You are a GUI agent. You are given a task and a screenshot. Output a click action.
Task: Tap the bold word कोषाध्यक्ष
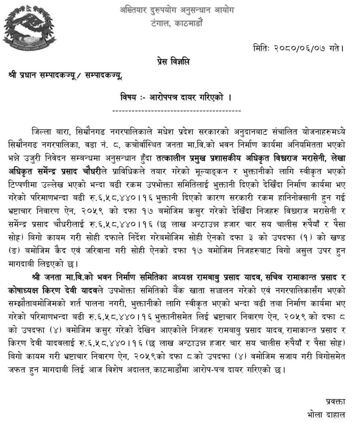tap(25, 287)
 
